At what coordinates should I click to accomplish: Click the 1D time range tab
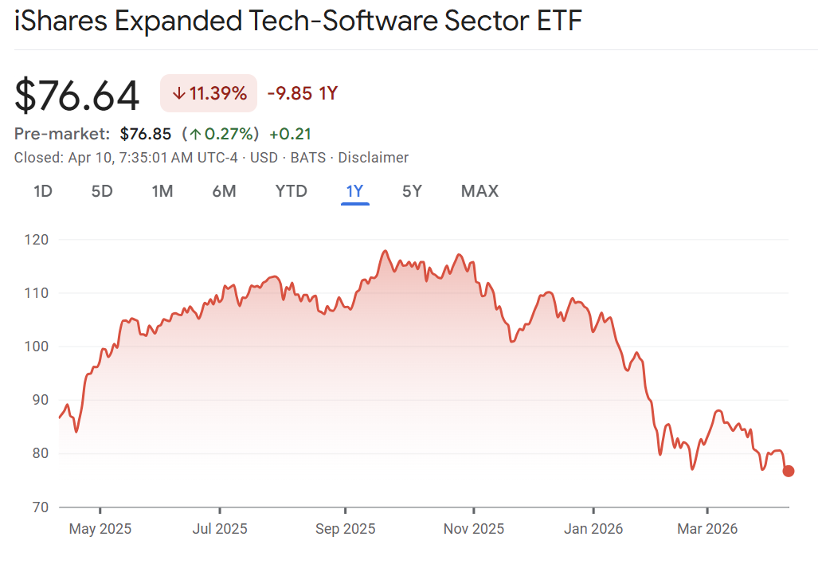pyautogui.click(x=43, y=191)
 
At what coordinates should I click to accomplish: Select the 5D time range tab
pyautogui.click(x=102, y=191)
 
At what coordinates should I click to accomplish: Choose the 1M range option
pyautogui.click(x=162, y=191)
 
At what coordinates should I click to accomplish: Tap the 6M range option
pyautogui.click(x=224, y=191)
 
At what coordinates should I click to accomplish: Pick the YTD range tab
pyautogui.click(x=291, y=191)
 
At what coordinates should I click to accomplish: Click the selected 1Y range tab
pyautogui.click(x=354, y=191)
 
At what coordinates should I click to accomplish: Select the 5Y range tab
pyautogui.click(x=412, y=191)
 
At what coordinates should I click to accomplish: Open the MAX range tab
pyautogui.click(x=479, y=191)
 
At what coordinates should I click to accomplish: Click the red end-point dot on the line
pyautogui.click(x=789, y=471)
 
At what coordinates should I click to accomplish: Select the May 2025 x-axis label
pyautogui.click(x=100, y=529)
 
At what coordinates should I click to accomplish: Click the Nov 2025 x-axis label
pyautogui.click(x=474, y=529)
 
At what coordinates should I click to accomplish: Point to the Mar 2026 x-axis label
pyautogui.click(x=706, y=529)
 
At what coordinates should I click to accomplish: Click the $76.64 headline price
pyautogui.click(x=77, y=95)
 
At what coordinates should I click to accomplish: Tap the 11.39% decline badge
pyautogui.click(x=209, y=93)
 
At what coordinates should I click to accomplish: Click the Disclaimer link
pyautogui.click(x=373, y=158)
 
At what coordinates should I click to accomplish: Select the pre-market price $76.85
pyautogui.click(x=146, y=133)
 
